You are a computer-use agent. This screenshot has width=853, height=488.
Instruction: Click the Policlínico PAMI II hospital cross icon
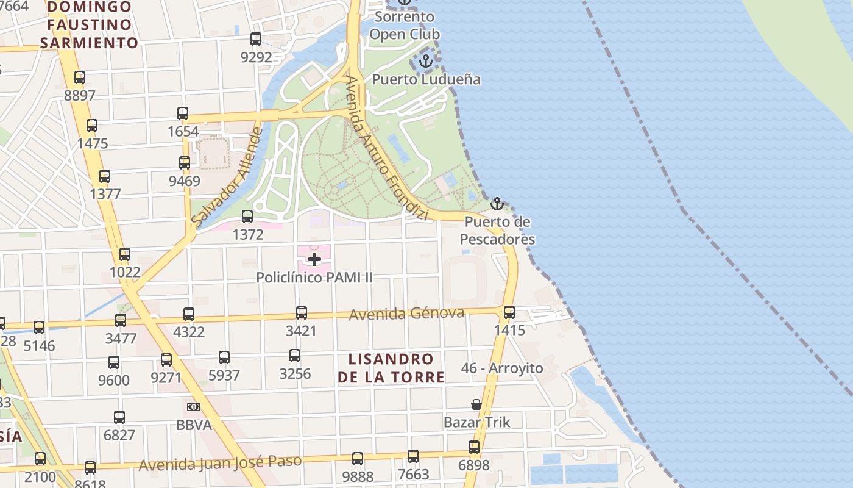(x=314, y=259)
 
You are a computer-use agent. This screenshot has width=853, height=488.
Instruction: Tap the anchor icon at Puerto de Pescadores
(x=497, y=203)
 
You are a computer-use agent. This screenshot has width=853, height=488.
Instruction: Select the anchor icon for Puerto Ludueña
(x=426, y=60)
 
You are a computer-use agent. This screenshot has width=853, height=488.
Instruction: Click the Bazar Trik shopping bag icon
(x=476, y=404)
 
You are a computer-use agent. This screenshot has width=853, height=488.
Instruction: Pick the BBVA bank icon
(x=193, y=407)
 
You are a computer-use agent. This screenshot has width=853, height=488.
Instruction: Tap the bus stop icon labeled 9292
(x=256, y=39)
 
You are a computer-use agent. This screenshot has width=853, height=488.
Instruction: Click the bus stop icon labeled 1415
(x=509, y=312)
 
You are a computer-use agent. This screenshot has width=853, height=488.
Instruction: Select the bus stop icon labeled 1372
(x=247, y=217)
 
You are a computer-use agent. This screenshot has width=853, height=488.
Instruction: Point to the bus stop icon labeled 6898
(x=474, y=447)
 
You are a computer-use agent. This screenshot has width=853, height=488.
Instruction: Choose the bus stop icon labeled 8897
(x=80, y=77)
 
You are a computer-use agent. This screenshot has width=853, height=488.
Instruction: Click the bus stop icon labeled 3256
(x=295, y=356)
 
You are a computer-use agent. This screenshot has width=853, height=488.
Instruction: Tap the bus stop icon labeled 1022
(x=125, y=254)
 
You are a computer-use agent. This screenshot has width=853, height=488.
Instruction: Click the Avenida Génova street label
(x=406, y=314)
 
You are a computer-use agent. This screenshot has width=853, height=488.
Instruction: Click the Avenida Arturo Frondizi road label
(x=386, y=148)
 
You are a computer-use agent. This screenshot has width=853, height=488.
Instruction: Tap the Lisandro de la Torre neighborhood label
(x=391, y=368)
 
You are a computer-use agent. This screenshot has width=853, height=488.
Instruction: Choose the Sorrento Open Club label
(x=405, y=26)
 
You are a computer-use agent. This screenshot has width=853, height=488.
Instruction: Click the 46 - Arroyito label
(x=502, y=368)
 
